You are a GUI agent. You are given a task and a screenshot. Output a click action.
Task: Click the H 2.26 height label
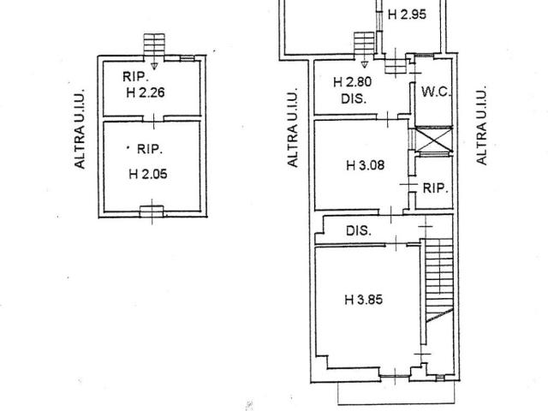click(x=146, y=92)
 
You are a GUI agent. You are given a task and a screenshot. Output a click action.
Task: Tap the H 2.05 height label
click(x=148, y=174)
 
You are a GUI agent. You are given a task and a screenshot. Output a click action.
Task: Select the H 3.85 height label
click(x=363, y=300)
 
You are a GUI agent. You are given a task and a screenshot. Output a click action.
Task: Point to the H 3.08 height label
click(x=366, y=165)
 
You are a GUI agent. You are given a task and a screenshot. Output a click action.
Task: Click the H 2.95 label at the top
click(x=408, y=15)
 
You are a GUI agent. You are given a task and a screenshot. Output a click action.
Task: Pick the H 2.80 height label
click(x=352, y=82)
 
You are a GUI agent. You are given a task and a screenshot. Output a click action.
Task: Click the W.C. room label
click(x=436, y=92)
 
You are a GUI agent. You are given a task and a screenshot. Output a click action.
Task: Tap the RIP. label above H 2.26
click(x=136, y=76)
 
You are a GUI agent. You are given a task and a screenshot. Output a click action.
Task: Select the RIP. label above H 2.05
click(x=150, y=149)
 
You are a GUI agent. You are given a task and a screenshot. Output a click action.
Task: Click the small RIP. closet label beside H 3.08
click(x=436, y=188)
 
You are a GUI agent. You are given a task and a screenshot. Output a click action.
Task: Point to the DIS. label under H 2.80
click(x=354, y=99)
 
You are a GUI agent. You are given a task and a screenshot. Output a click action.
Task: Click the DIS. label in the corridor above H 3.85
click(x=359, y=230)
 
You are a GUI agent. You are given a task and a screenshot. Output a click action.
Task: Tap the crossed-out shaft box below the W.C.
click(x=433, y=140)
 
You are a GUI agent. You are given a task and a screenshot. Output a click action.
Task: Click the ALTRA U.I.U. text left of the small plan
click(x=80, y=129)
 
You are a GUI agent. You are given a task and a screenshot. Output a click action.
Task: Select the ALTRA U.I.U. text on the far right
click(x=481, y=125)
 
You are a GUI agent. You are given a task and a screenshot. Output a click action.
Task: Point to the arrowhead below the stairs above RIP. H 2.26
click(x=154, y=66)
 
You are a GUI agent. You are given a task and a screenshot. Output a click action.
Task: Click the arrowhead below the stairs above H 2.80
click(x=364, y=65)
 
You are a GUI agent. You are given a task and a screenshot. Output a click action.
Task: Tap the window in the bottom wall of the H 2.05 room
click(x=152, y=211)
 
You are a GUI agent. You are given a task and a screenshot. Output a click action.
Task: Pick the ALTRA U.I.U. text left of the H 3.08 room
click(x=293, y=128)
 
